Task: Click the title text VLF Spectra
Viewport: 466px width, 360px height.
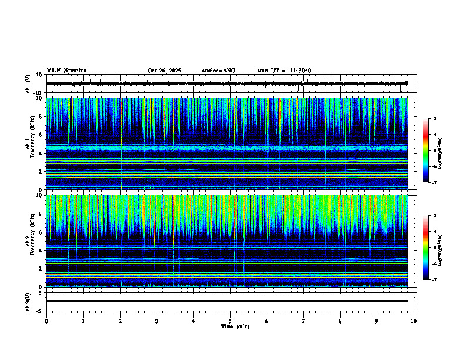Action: pyautogui.click(x=66, y=70)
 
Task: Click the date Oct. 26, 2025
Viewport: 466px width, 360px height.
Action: pyautogui.click(x=164, y=71)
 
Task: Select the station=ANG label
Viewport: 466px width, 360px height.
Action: pyautogui.click(x=218, y=71)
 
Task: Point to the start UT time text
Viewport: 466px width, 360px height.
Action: pyautogui.click(x=284, y=71)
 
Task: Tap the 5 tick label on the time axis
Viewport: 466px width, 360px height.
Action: pyautogui.click(x=230, y=321)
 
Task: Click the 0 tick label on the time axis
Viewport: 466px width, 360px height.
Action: pyautogui.click(x=46, y=321)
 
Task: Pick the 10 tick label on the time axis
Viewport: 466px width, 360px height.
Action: pyautogui.click(x=414, y=321)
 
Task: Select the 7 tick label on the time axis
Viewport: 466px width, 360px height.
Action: pyautogui.click(x=304, y=321)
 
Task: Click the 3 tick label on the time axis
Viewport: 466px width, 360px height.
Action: pyautogui.click(x=157, y=321)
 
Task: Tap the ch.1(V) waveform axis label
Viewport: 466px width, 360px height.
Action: pyautogui.click(x=28, y=84)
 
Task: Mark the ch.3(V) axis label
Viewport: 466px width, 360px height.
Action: pyautogui.click(x=28, y=301)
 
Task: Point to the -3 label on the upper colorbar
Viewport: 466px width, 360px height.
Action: pyautogui.click(x=433, y=119)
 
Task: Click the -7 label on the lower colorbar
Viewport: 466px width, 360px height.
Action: pyautogui.click(x=433, y=279)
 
